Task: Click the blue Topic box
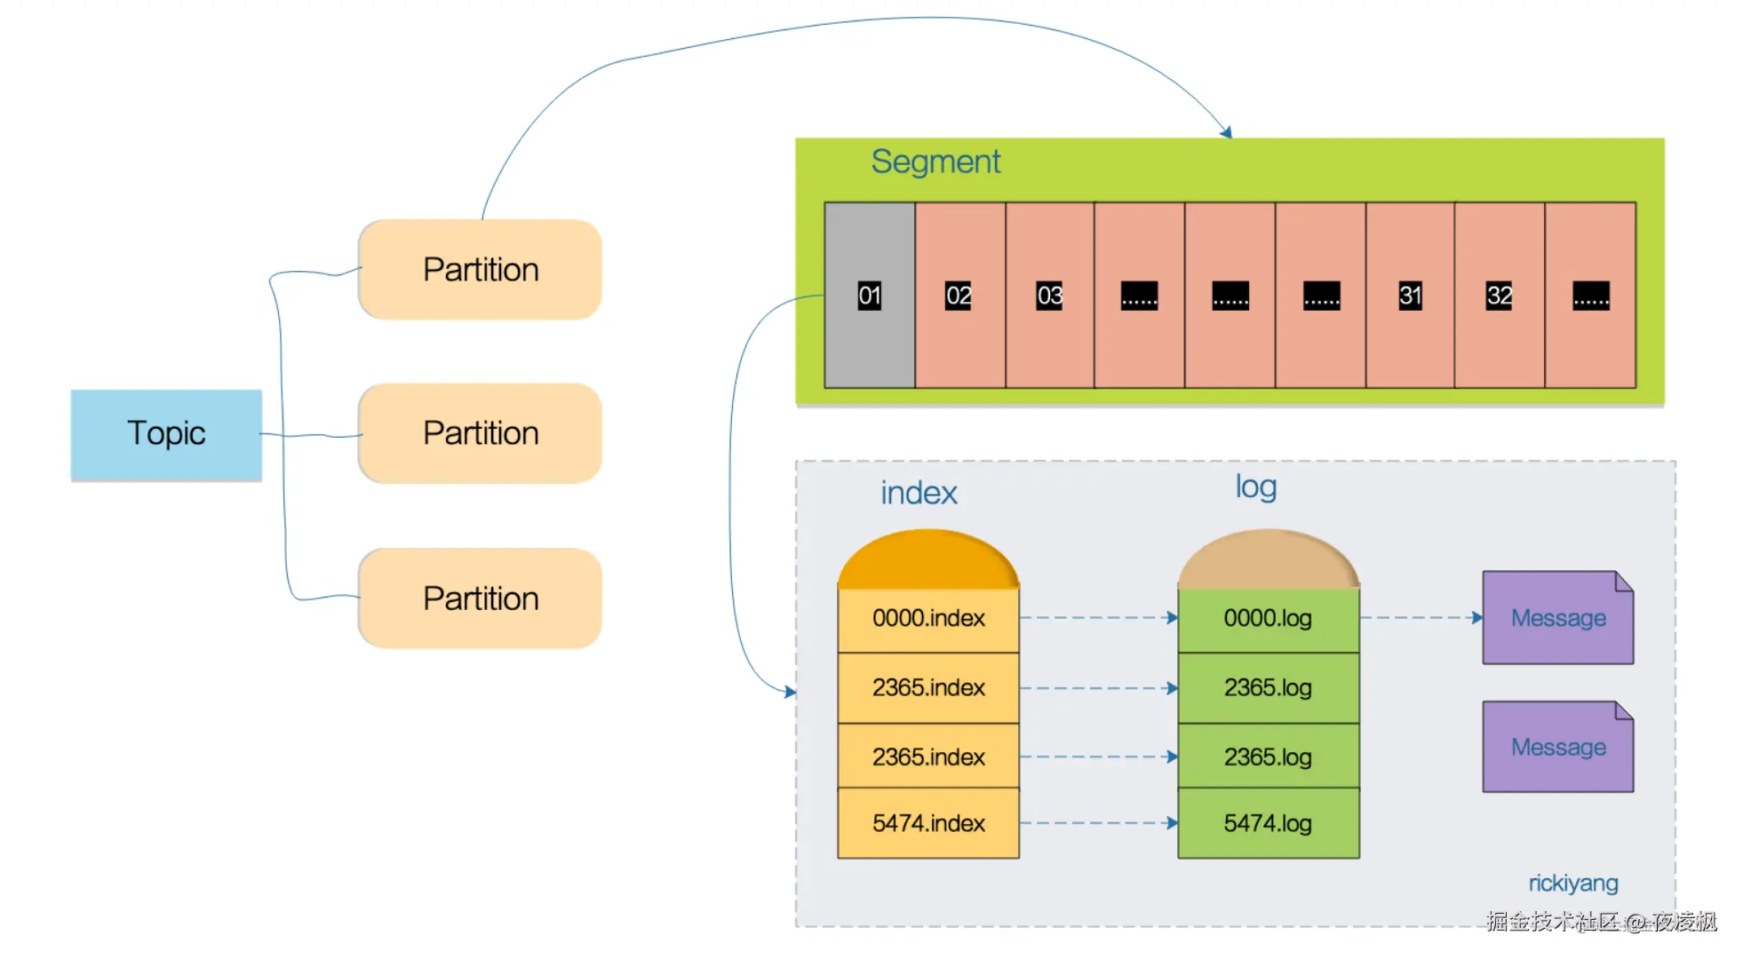(166, 434)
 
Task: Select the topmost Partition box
(480, 269)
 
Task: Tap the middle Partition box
(480, 433)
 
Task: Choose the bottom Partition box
(480, 598)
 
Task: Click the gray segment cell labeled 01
(869, 296)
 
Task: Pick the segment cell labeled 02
(959, 296)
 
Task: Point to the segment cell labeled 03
(1049, 296)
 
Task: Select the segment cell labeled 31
(1410, 296)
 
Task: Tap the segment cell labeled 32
(1500, 296)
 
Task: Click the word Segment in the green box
(935, 162)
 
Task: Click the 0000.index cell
(928, 618)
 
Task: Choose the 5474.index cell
(928, 823)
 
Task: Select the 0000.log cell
(1268, 618)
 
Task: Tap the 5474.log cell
(1268, 823)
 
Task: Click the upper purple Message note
(1558, 618)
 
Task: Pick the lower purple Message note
(1558, 748)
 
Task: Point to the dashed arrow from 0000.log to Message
(1421, 617)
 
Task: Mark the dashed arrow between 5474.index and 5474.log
(1098, 823)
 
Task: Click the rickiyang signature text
(1573, 884)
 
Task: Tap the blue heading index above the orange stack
(919, 494)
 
